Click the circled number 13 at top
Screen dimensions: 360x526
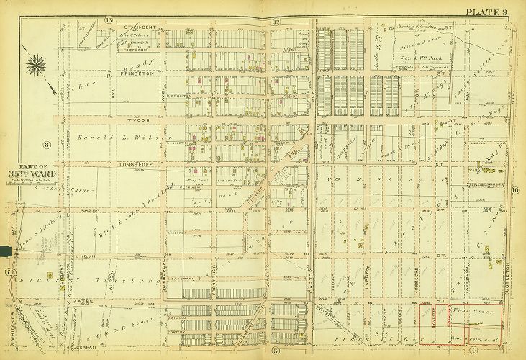(109, 19)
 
